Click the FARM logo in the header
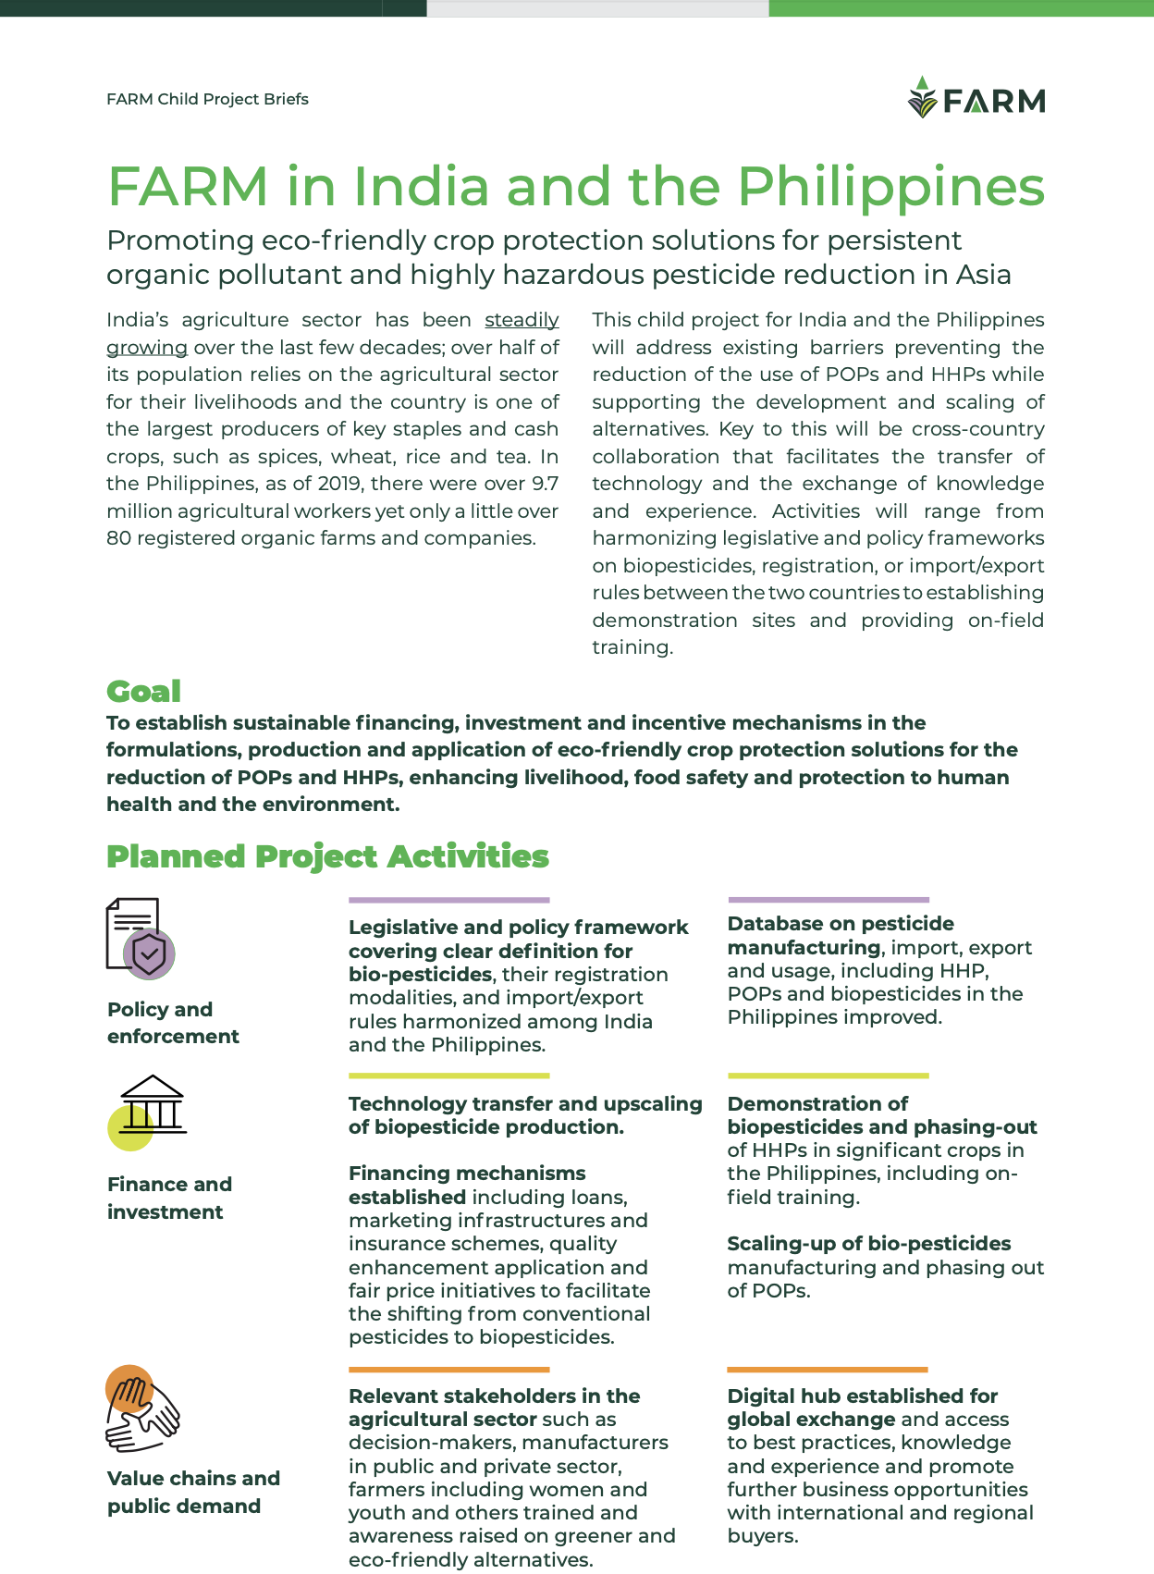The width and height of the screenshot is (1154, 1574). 976,98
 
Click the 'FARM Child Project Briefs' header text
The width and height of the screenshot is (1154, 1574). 207,99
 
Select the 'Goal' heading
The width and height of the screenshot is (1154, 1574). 143,691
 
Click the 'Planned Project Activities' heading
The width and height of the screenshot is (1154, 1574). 327,856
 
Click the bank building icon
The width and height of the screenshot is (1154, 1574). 150,1110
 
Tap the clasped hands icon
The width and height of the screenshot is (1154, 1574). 141,1408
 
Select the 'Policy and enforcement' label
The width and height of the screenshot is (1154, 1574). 173,1023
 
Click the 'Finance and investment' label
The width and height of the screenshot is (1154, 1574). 169,1198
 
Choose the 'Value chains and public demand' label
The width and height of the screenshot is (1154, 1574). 193,1492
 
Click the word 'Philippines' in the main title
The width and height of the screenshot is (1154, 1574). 890,187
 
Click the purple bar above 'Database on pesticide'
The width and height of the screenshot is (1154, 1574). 828,899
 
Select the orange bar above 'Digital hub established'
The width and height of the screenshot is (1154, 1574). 827,1370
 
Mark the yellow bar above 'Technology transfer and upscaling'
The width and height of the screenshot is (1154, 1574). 448,1076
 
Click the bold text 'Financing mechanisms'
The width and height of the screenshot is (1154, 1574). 467,1174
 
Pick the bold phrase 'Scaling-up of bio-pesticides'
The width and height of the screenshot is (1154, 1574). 868,1244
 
